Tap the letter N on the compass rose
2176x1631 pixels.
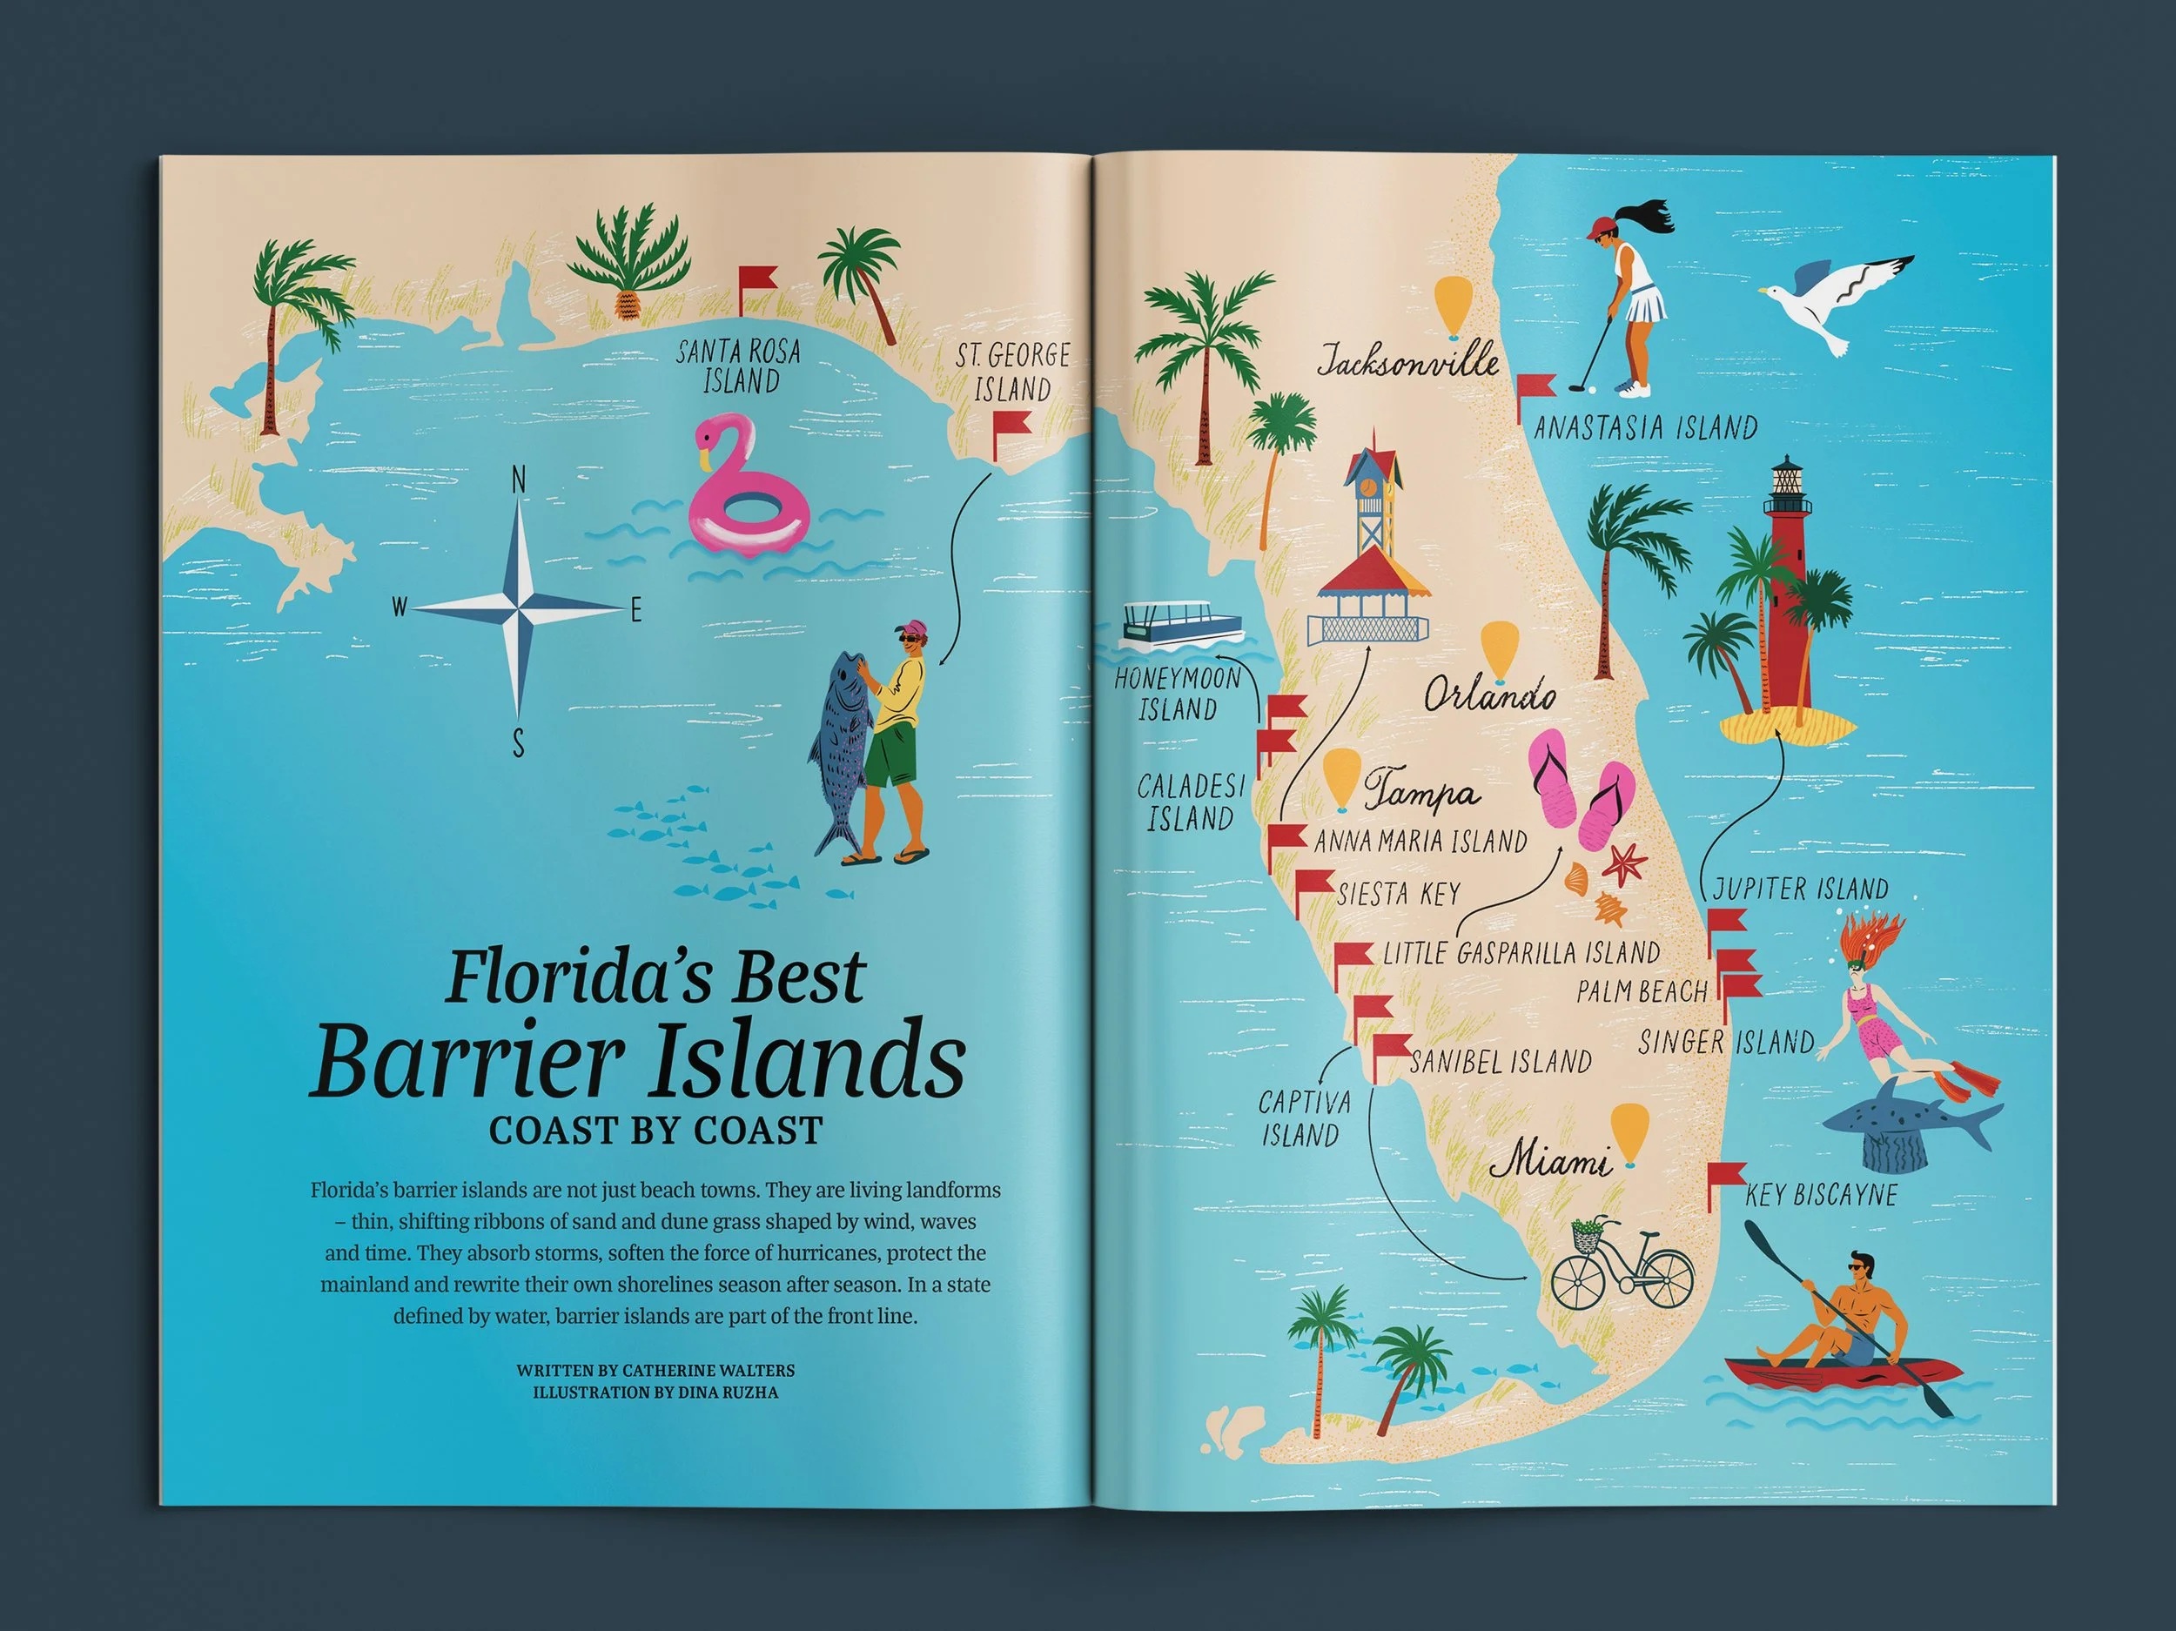[x=519, y=480]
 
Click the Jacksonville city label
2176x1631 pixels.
[x=1407, y=362]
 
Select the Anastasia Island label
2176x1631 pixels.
[x=1645, y=428]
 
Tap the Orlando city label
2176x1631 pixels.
[x=1489, y=696]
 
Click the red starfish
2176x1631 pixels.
[x=1624, y=862]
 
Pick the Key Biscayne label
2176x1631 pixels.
[x=1821, y=1195]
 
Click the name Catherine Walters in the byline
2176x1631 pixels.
[x=709, y=1369]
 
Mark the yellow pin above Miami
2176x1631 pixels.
[x=1630, y=1130]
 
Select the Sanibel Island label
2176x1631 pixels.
[x=1501, y=1063]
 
